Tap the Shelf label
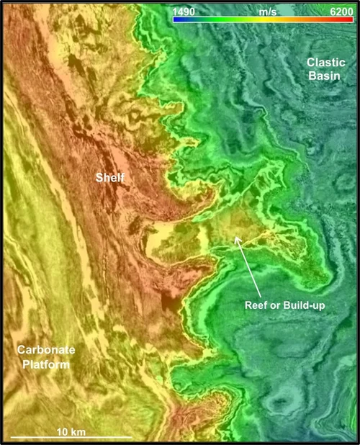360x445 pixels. (111, 177)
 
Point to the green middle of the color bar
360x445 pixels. (263, 20)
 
